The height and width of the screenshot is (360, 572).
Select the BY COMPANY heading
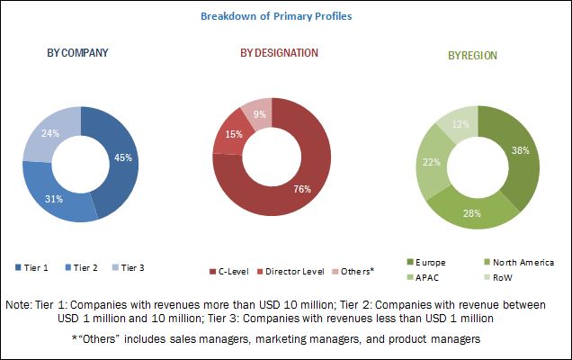point(78,53)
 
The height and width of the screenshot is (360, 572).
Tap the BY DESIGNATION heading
point(279,53)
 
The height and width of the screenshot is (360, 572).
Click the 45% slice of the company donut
point(119,158)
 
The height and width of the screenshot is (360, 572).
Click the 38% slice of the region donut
point(519,151)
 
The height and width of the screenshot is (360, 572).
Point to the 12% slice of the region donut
point(460,121)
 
